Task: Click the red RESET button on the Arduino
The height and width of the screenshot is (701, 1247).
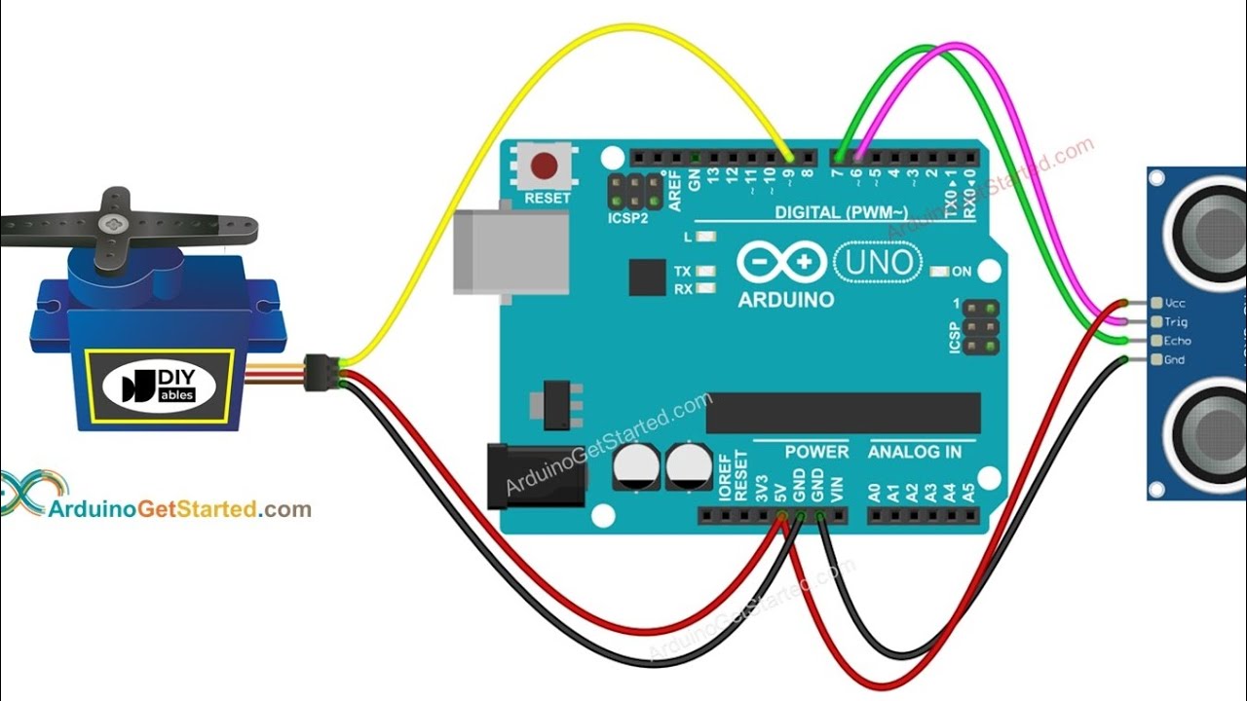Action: [x=546, y=164]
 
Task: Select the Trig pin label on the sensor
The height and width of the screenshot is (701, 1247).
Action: [x=1176, y=322]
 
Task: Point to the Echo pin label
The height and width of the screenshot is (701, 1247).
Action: [x=1177, y=341]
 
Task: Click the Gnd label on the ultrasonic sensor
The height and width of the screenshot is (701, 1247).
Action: [x=1174, y=360]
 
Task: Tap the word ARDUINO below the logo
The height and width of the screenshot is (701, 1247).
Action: [x=786, y=300]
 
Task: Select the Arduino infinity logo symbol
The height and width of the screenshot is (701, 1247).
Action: [x=782, y=262]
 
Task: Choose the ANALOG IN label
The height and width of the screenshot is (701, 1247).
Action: [x=914, y=452]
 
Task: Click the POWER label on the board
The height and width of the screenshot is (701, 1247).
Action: [x=816, y=452]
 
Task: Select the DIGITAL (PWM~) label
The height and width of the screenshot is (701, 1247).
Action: [x=841, y=211]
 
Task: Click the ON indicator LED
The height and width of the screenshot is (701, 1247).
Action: [x=939, y=272]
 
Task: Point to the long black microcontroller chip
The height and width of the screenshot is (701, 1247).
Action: [x=843, y=413]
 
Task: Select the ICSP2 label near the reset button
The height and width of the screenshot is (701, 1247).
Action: [x=628, y=218]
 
